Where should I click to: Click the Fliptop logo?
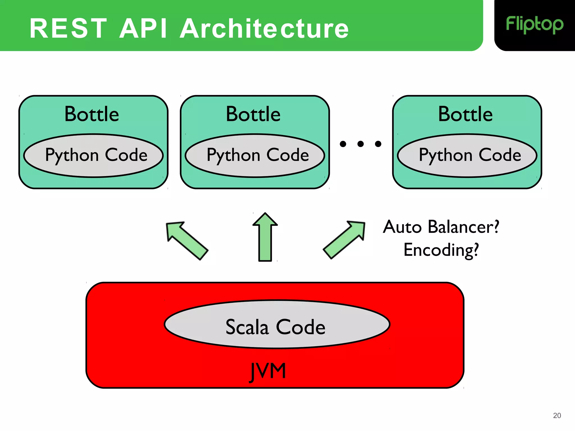pos(534,25)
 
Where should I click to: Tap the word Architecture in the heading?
pos(264,28)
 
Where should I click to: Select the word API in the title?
pos(143,28)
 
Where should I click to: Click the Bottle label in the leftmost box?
pos(92,114)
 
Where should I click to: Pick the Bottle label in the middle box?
pos(253,114)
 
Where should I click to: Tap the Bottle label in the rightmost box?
pos(465,114)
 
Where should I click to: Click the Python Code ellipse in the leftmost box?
pos(93,156)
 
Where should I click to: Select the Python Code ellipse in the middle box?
pos(255,156)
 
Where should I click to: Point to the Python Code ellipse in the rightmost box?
pos(467,156)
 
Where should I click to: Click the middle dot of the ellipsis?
pos(360,144)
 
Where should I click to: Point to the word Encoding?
pos(441,250)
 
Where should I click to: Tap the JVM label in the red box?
pos(268,371)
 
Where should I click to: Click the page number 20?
pos(557,416)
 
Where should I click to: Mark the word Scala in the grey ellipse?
pos(247,327)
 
